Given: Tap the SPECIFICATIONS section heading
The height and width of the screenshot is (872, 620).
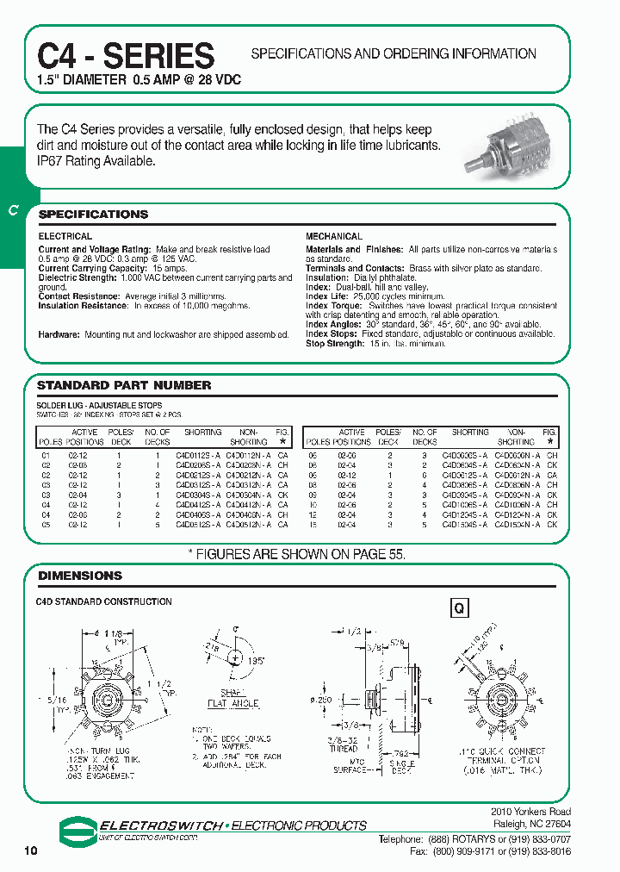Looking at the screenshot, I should coord(94,215).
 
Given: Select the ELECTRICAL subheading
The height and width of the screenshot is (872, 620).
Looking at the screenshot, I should coord(65,236).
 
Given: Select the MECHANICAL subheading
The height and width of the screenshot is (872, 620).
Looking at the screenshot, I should coord(334,236).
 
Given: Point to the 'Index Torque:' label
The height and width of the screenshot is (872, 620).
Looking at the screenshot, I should coord(334,306).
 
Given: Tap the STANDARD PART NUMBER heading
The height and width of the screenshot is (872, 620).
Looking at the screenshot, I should coord(124,385).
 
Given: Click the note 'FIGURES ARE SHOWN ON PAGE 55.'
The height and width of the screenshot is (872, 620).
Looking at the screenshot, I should coord(308,555).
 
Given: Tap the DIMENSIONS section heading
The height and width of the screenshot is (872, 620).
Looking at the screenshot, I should coord(80,575).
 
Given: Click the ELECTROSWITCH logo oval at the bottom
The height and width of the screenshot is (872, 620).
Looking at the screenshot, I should coord(79,829).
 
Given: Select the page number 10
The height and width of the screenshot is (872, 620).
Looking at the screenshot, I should coord(32,851).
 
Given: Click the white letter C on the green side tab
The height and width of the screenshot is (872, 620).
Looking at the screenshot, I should coord(12,212).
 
